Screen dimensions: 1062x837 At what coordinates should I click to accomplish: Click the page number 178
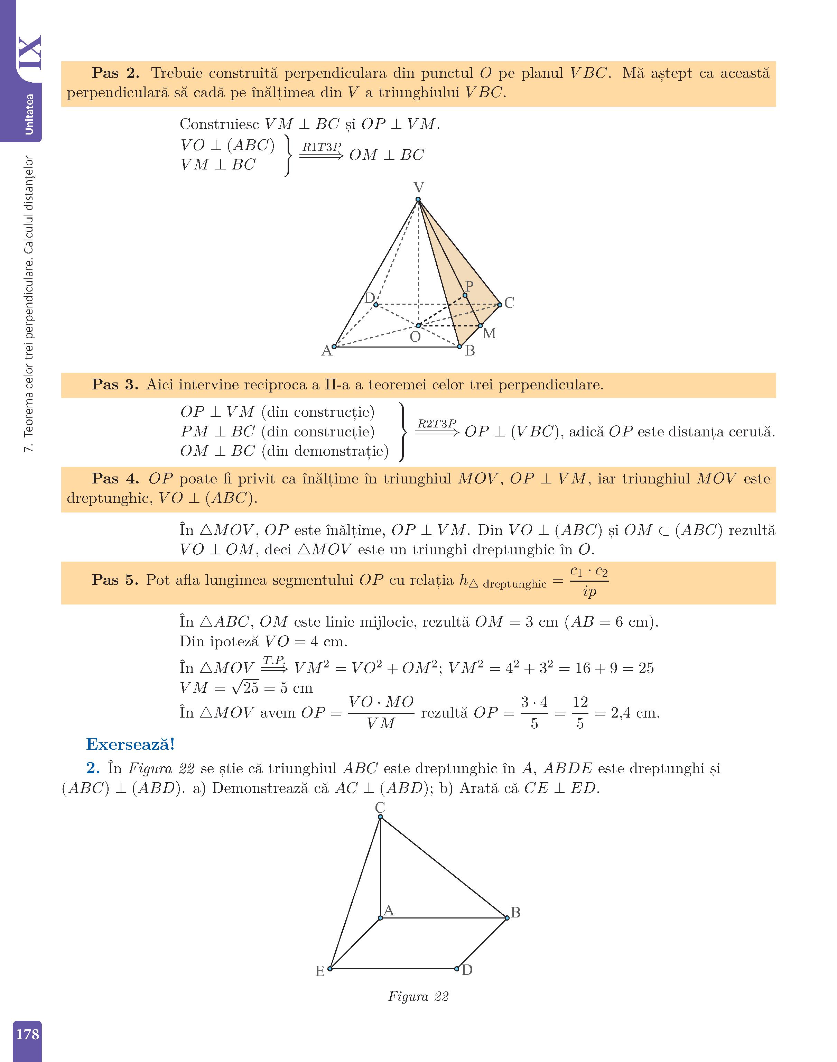coord(27,1034)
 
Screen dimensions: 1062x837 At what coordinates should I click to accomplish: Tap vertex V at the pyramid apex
coord(418,200)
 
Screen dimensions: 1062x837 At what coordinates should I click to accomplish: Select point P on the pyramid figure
coord(465,295)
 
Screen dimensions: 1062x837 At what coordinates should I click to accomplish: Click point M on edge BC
coord(480,325)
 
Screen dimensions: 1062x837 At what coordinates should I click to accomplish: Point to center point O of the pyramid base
coord(418,325)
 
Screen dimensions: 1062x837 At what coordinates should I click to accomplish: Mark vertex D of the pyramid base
coord(376,305)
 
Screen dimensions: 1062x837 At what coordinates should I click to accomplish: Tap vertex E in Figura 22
coord(330,969)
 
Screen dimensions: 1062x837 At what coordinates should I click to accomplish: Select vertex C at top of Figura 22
coord(380,817)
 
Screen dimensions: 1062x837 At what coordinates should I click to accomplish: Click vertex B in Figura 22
coord(507,917)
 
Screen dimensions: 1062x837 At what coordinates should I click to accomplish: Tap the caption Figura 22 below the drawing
coord(418,996)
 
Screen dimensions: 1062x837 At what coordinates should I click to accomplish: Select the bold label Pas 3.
coord(115,385)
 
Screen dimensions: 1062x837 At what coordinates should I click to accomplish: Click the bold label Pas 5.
coord(115,580)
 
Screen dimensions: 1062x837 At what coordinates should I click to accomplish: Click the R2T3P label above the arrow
coord(436,423)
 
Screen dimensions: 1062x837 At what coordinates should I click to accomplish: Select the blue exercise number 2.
coord(93,768)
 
